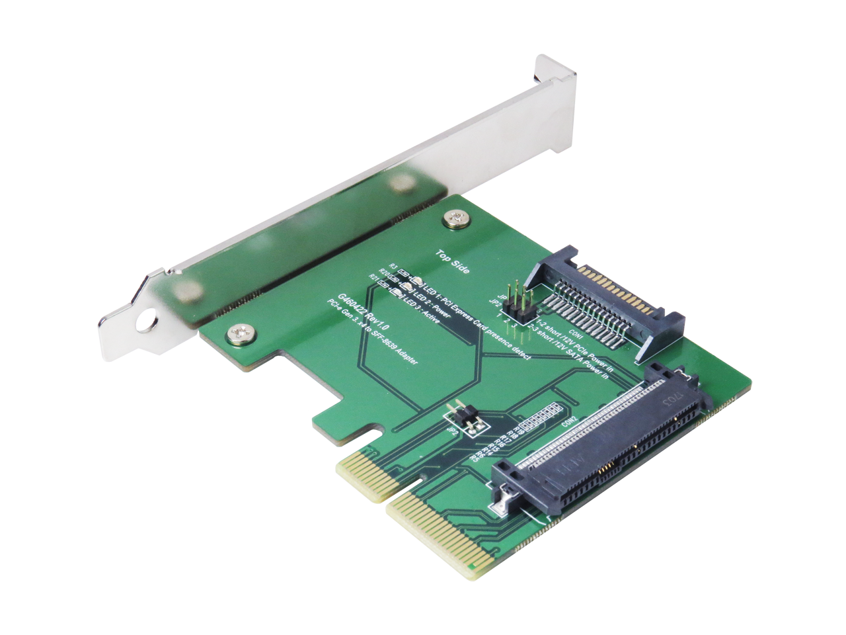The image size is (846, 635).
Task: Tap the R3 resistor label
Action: (x=393, y=268)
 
